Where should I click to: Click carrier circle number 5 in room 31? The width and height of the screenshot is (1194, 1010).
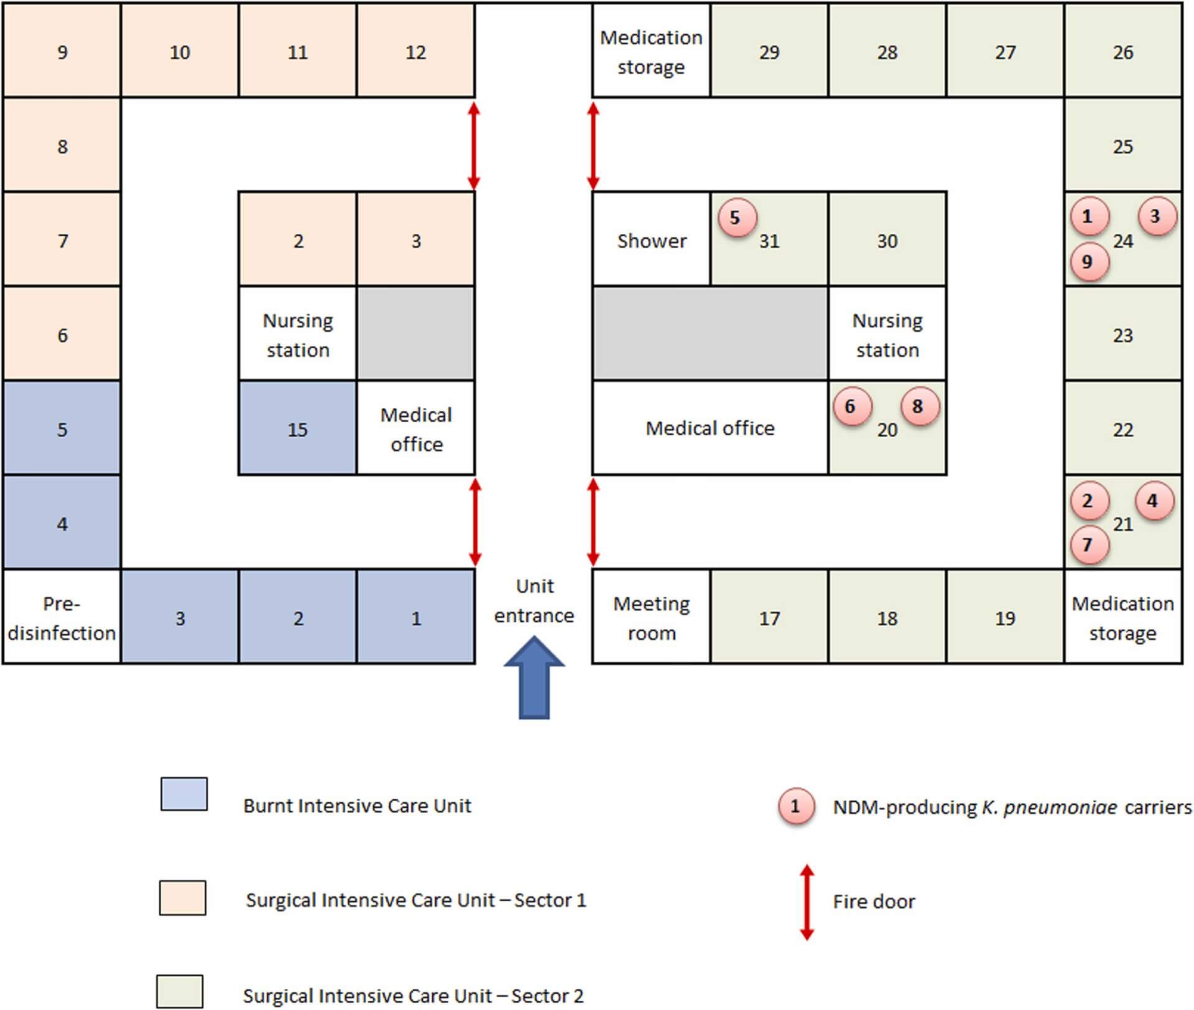[736, 218]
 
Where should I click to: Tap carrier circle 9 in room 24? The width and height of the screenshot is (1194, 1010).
[1089, 262]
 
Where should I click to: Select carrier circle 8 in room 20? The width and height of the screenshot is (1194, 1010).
[919, 407]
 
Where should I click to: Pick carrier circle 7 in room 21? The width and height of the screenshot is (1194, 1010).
[1089, 545]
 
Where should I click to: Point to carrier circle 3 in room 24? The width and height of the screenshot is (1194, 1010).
[1156, 216]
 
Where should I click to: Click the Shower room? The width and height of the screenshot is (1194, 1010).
[651, 240]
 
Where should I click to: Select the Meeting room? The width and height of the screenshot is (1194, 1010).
[651, 618]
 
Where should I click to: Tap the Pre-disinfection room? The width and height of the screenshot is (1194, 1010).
[62, 618]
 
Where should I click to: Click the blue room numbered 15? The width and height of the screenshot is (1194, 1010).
[297, 429]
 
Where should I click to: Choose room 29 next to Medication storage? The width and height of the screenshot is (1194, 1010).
[769, 52]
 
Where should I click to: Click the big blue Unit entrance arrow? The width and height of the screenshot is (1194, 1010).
[534, 678]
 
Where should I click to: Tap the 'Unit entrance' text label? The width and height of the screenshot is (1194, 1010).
[534, 601]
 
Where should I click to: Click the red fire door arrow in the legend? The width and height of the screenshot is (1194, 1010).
[807, 902]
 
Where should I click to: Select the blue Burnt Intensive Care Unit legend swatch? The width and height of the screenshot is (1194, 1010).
[184, 794]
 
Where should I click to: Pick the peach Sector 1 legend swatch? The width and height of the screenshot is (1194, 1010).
[182, 897]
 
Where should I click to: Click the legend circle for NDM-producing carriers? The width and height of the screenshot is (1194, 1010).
[795, 807]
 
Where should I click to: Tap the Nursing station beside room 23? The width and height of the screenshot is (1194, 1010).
[887, 335]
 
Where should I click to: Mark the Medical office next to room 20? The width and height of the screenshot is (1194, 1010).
[710, 429]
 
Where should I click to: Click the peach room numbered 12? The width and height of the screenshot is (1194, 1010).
[415, 52]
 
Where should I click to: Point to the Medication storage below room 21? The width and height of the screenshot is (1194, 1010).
[1122, 618]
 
